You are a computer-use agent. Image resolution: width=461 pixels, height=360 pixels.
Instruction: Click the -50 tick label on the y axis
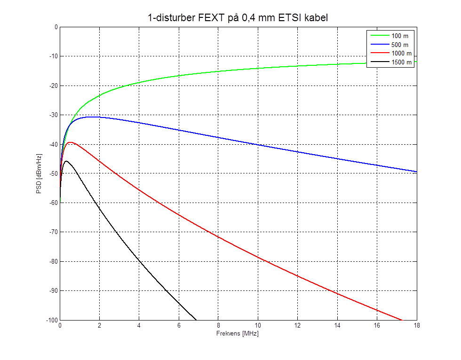click(x=52, y=174)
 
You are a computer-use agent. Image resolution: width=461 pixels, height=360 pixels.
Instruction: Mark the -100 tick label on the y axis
click(x=51, y=320)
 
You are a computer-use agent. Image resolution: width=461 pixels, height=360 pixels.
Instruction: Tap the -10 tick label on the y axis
click(x=52, y=56)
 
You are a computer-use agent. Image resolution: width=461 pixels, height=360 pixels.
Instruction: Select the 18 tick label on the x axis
click(x=416, y=325)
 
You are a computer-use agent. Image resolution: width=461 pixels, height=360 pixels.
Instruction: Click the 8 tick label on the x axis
click(x=218, y=325)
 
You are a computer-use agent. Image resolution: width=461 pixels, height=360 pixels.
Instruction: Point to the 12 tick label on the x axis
click(x=297, y=325)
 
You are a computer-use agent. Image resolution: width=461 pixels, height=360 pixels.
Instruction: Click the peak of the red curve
click(x=70, y=142)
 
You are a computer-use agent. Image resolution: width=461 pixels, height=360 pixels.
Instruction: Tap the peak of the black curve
click(x=66, y=161)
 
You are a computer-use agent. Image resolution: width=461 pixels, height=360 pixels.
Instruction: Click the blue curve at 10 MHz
click(x=258, y=144)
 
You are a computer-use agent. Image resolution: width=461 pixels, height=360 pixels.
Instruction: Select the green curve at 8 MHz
click(x=218, y=71)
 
